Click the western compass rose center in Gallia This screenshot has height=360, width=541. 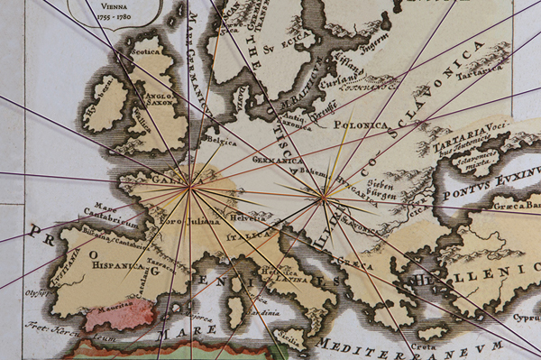tap(188, 188)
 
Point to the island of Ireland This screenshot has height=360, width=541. tap(106, 102)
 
